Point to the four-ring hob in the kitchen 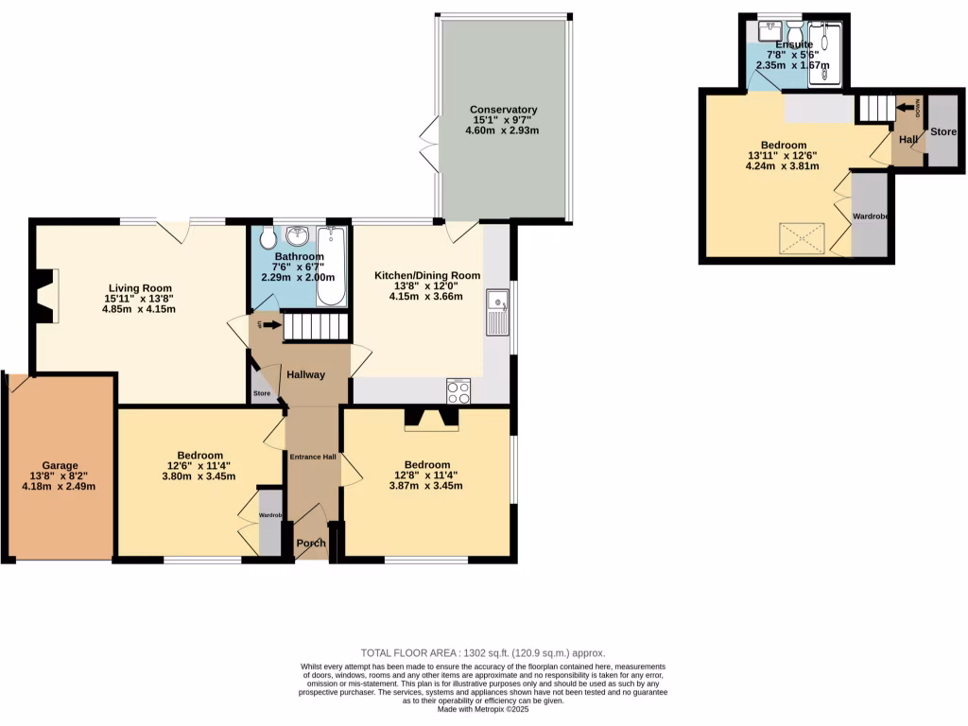458,391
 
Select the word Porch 310,544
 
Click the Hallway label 306,374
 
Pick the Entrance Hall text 312,458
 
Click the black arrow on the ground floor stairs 271,326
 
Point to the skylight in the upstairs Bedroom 802,238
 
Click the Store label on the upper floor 942,131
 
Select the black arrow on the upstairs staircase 908,107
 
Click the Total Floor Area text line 483,653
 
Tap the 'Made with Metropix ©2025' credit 483,710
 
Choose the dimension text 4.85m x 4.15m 140,309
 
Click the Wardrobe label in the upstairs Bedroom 871,216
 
